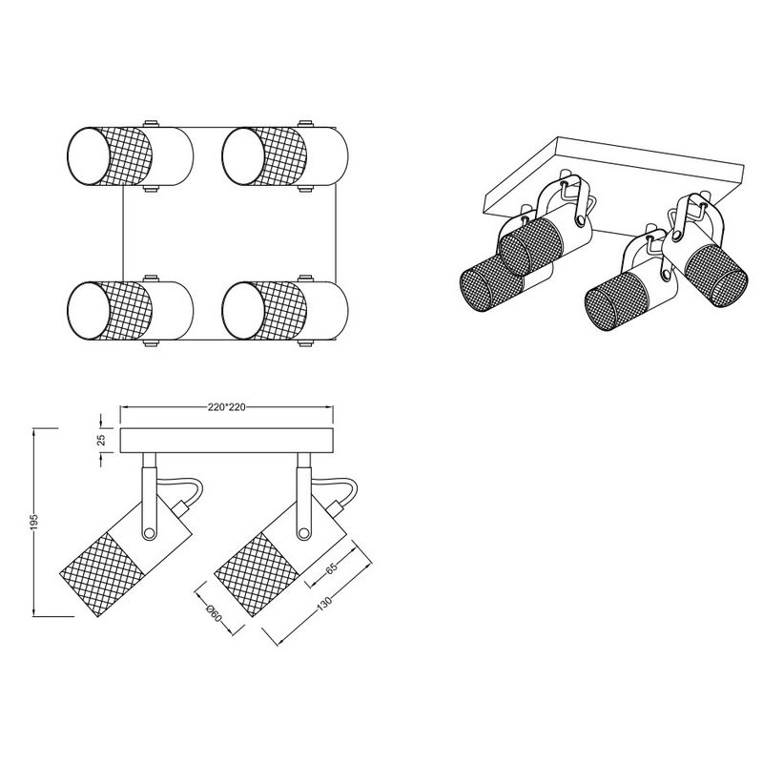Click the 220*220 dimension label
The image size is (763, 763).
pyautogui.click(x=227, y=407)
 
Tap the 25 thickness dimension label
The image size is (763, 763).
pyautogui.click(x=102, y=441)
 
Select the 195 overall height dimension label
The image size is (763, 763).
pyautogui.click(x=33, y=521)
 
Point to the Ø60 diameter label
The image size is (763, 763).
pyautogui.click(x=214, y=612)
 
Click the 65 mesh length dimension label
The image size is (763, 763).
pyautogui.click(x=331, y=568)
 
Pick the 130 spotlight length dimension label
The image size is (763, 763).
pyautogui.click(x=323, y=603)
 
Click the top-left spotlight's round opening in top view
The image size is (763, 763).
pyautogui.click(x=88, y=156)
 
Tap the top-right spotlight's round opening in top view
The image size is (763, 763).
pyautogui.click(x=244, y=156)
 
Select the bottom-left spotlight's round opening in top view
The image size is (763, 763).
pyautogui.click(x=88, y=310)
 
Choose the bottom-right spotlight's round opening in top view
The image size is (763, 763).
pyautogui.click(x=244, y=310)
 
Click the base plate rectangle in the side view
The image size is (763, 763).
pyautogui.click(x=227, y=441)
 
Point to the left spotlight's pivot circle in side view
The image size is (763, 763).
pyautogui.click(x=149, y=534)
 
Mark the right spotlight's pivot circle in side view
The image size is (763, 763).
pyautogui.click(x=303, y=534)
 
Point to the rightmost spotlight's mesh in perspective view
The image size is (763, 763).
pyautogui.click(x=715, y=276)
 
